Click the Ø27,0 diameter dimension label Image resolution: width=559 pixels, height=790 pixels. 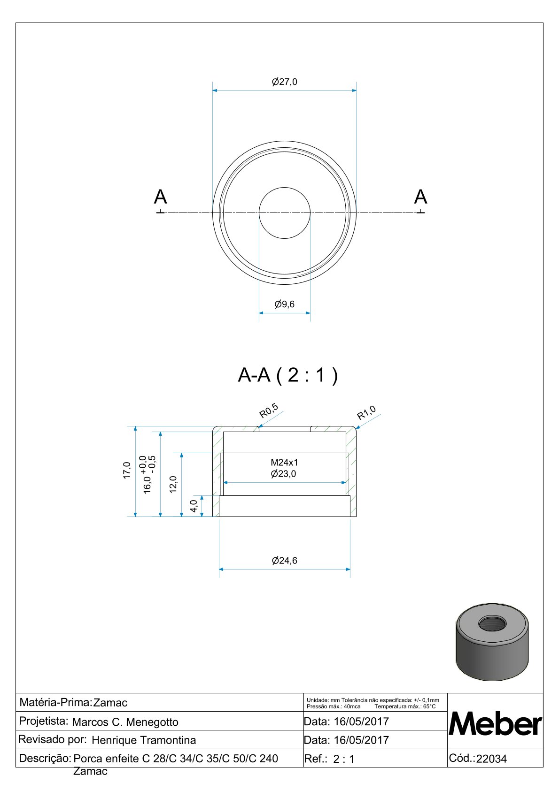pyautogui.click(x=284, y=82)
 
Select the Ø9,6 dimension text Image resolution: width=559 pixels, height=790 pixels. pyautogui.click(x=284, y=304)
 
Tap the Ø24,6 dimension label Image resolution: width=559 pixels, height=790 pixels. pyautogui.click(x=284, y=561)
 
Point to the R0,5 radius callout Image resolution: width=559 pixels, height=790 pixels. pyautogui.click(x=269, y=410)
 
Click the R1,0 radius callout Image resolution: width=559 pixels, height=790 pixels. pyautogui.click(x=366, y=413)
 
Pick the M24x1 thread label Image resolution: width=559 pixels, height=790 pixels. pyautogui.click(x=284, y=462)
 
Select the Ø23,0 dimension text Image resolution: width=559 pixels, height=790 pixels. pyautogui.click(x=284, y=474)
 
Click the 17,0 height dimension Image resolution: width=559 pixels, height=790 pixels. pyautogui.click(x=127, y=470)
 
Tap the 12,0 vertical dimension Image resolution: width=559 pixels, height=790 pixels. pyautogui.click(x=173, y=484)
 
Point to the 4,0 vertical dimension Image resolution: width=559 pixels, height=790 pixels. pyautogui.click(x=194, y=507)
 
